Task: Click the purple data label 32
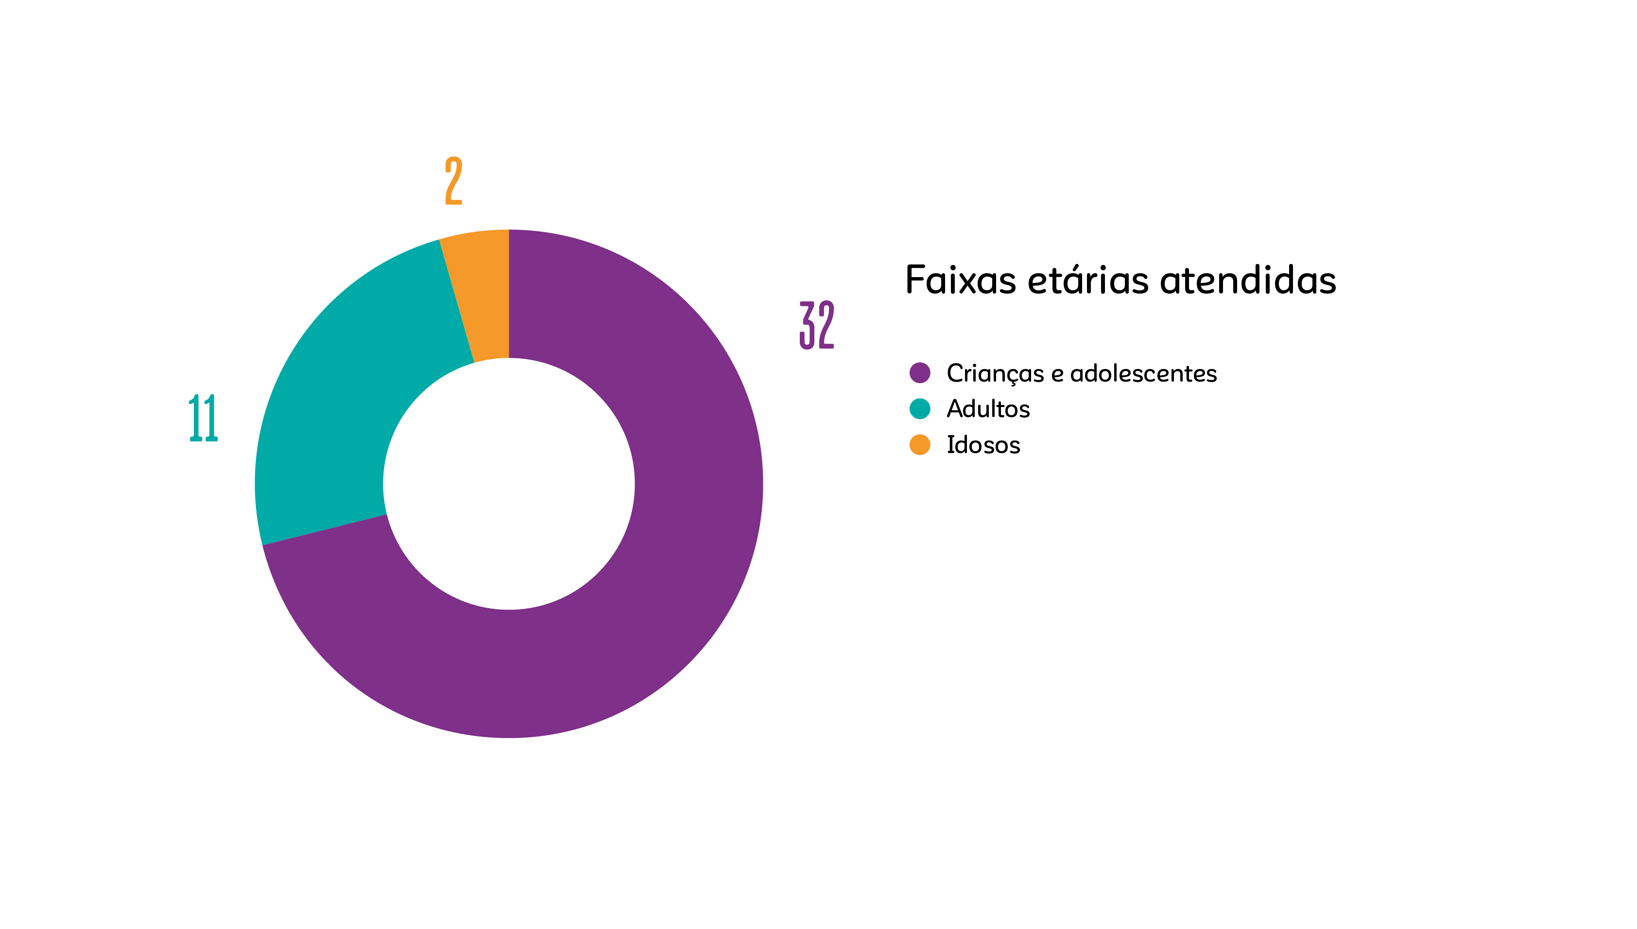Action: coord(816,325)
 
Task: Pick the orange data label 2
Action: coord(453,180)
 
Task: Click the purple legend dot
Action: coord(920,372)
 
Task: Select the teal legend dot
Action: coord(920,408)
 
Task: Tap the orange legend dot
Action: coord(920,445)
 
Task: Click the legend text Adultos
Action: coord(988,409)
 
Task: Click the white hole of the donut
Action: coord(509,484)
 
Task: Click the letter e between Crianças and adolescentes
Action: coord(1057,374)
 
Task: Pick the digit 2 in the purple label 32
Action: coord(826,325)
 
